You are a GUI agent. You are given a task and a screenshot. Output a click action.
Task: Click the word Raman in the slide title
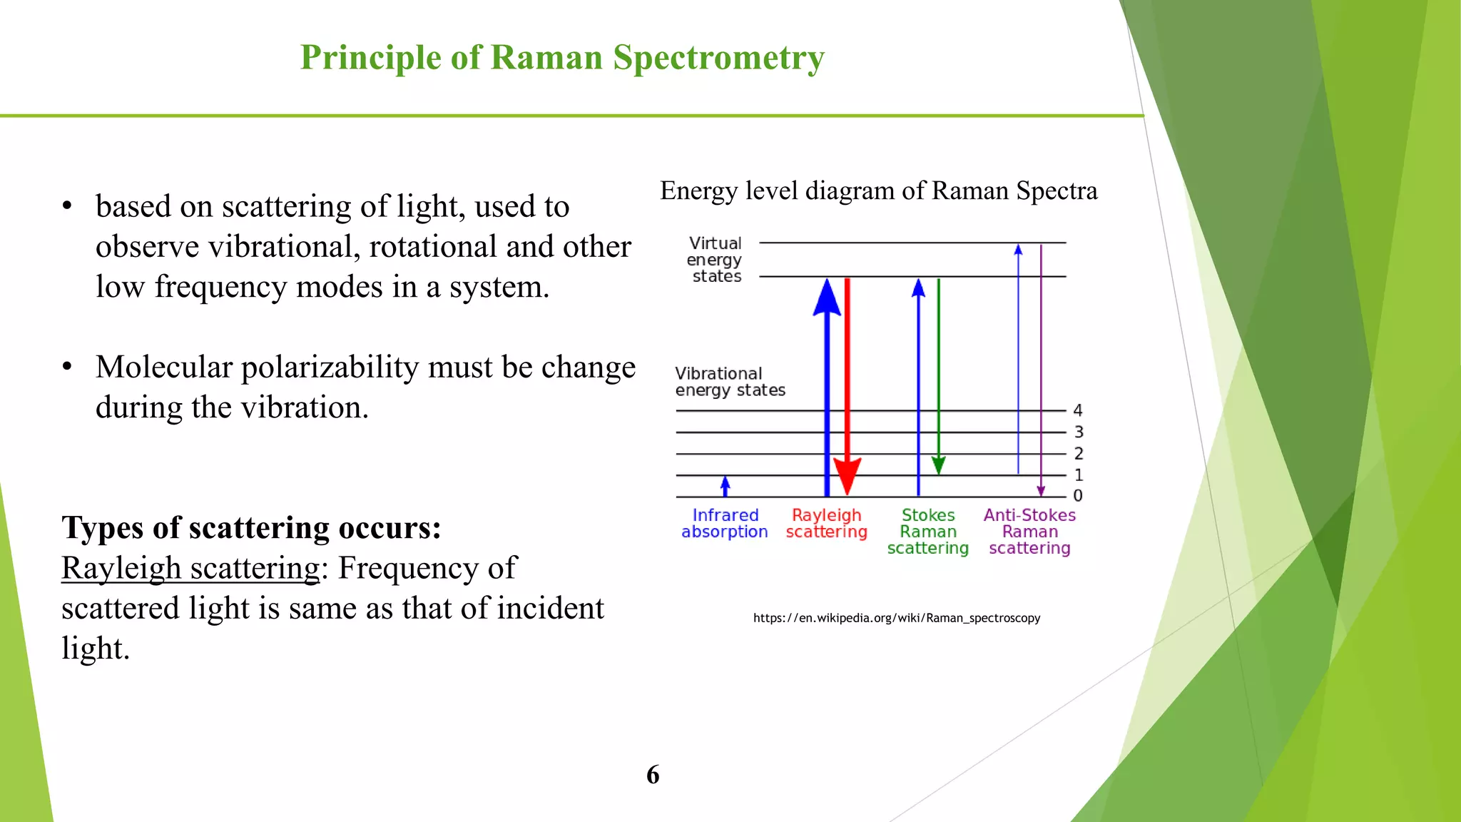pos(546,57)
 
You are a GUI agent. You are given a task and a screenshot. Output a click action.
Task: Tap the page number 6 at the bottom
pos(653,775)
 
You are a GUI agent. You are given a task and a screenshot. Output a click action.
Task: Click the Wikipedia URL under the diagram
pos(897,618)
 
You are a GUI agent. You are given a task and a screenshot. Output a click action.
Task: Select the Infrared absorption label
pos(725,523)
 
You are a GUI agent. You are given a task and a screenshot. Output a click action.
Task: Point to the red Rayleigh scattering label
pos(826,523)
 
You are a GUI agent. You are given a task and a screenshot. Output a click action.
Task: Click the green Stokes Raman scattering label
pos(927,532)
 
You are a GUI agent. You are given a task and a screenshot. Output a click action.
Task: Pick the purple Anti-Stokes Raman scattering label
pos(1029,532)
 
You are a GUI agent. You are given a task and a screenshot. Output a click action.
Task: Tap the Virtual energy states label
pos(715,260)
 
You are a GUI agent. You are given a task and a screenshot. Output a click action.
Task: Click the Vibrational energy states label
pos(729,382)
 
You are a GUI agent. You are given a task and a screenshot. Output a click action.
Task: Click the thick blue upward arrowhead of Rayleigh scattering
pos(827,297)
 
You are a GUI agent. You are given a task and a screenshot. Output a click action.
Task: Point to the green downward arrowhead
pos(939,466)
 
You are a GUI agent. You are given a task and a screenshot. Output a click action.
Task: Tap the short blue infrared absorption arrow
pos(726,486)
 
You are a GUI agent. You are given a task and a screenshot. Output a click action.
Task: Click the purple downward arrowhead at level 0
pos(1041,491)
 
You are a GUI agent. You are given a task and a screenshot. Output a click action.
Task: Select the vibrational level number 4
pos(1078,410)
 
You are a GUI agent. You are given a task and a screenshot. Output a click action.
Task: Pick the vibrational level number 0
pos(1078,495)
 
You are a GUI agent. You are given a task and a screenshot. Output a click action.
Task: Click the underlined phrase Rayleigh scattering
pos(190,569)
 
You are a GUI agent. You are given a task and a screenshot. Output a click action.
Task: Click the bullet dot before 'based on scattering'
pos(67,206)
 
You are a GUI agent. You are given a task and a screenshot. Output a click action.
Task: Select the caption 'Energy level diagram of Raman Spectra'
pos(878,191)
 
